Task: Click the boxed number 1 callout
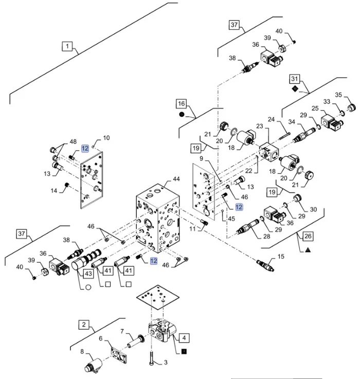pyautogui.click(x=67, y=47)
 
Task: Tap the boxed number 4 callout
pyautogui.click(x=185, y=338)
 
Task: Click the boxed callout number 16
pyautogui.click(x=182, y=104)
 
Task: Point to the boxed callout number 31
pyautogui.click(x=294, y=79)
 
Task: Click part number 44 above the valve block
pyautogui.click(x=176, y=179)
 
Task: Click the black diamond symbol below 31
pyautogui.click(x=294, y=88)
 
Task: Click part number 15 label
pyautogui.click(x=280, y=256)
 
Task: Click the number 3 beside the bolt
pyautogui.click(x=166, y=363)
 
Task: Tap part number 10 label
pyautogui.click(x=106, y=138)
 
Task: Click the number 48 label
pyautogui.click(x=73, y=141)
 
